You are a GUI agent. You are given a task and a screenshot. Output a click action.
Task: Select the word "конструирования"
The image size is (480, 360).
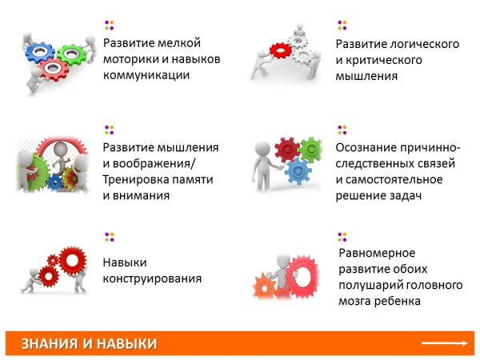151,279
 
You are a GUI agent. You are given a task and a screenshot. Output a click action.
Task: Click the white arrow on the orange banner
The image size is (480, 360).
445,343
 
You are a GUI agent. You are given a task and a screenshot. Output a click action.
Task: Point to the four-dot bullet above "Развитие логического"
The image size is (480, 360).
342,24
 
